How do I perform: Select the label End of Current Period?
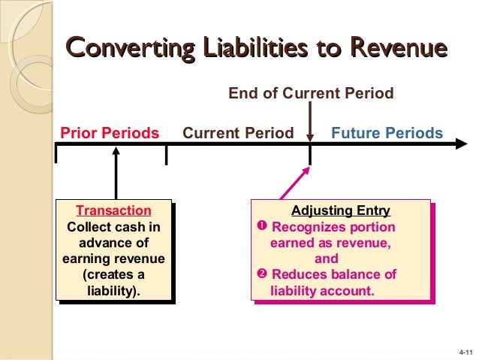311,93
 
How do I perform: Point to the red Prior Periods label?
110,134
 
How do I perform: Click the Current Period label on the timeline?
239,134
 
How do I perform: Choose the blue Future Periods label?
387,134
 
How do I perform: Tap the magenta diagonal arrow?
291,183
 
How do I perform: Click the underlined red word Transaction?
114,210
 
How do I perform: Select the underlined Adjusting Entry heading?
341,210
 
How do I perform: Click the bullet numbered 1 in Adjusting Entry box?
262,227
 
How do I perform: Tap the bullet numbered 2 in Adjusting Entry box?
262,274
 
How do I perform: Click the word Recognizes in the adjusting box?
306,227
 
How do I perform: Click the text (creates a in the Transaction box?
114,274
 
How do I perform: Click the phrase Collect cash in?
114,227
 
